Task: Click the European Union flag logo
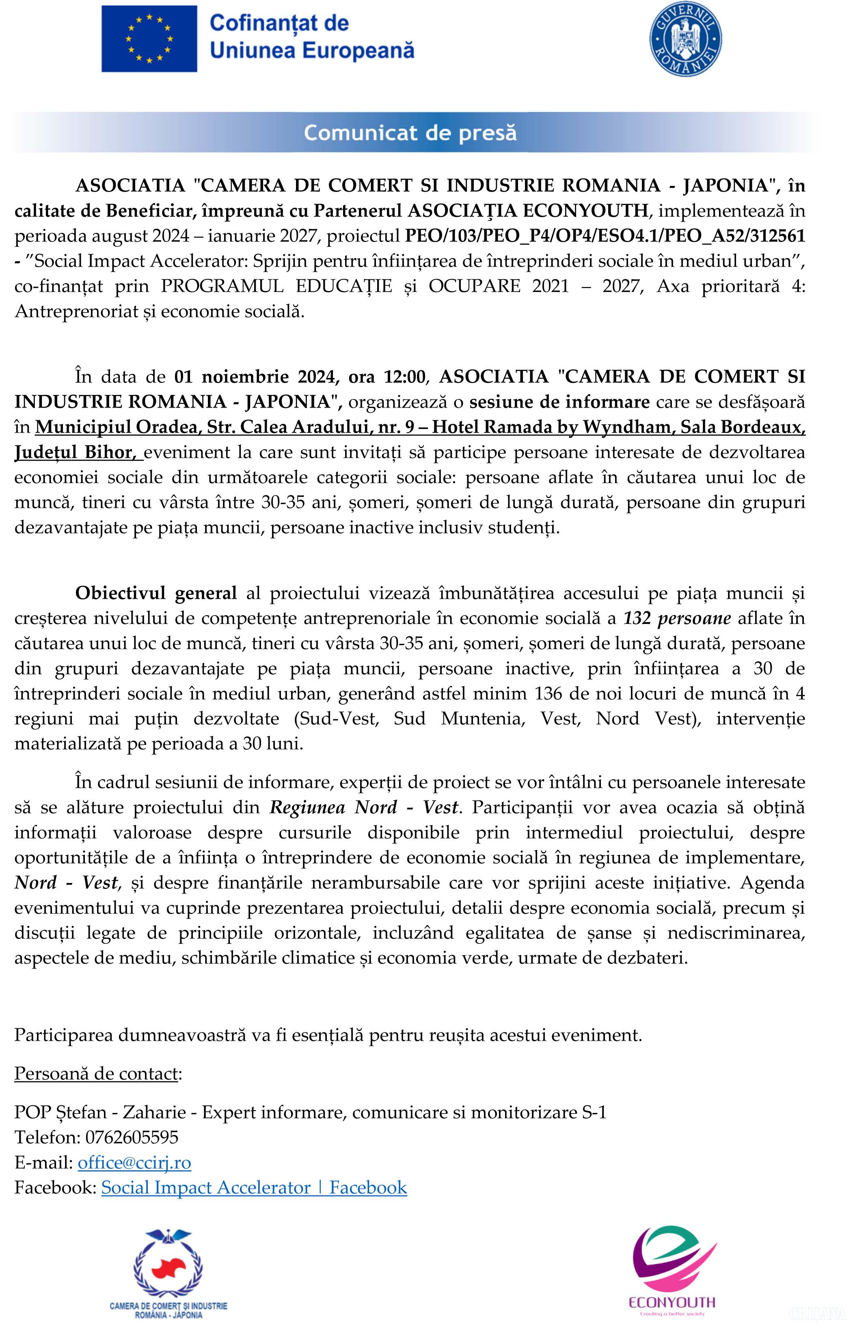[x=149, y=39]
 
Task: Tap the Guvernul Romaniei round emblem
[x=685, y=41]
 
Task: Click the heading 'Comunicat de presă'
[x=410, y=133]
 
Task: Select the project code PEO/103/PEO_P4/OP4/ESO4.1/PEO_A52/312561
[x=605, y=236]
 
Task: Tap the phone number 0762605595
[x=132, y=1137]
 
